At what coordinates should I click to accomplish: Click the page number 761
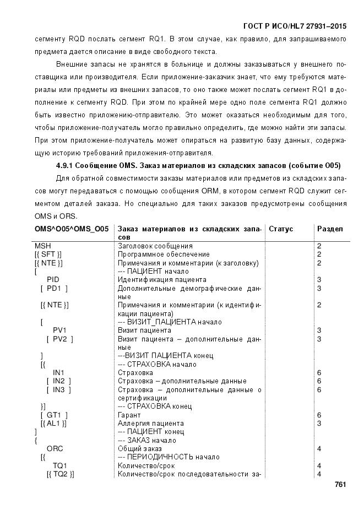point(340,484)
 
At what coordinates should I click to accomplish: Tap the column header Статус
point(281,229)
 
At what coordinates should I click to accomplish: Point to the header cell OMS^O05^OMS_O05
point(72,229)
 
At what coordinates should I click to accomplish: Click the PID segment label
point(53,280)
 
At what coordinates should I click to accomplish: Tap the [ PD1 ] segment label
point(54,288)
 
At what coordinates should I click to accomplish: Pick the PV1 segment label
point(59,330)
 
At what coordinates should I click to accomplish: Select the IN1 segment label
point(58,373)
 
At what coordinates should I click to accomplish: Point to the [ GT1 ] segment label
point(54,415)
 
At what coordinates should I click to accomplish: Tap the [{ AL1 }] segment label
point(53,424)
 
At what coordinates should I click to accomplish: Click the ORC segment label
point(55,449)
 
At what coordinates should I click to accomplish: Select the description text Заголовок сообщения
point(155,246)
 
